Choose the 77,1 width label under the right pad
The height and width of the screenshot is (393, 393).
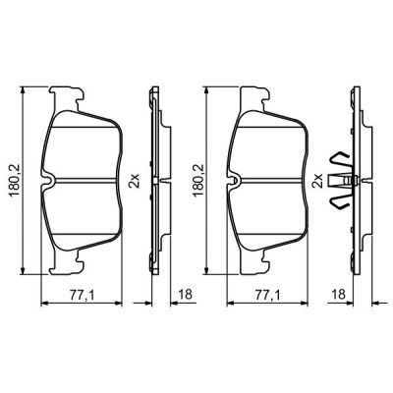tap(264, 293)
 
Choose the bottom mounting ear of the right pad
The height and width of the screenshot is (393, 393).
tap(253, 262)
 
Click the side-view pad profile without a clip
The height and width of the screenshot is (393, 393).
tap(153, 180)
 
